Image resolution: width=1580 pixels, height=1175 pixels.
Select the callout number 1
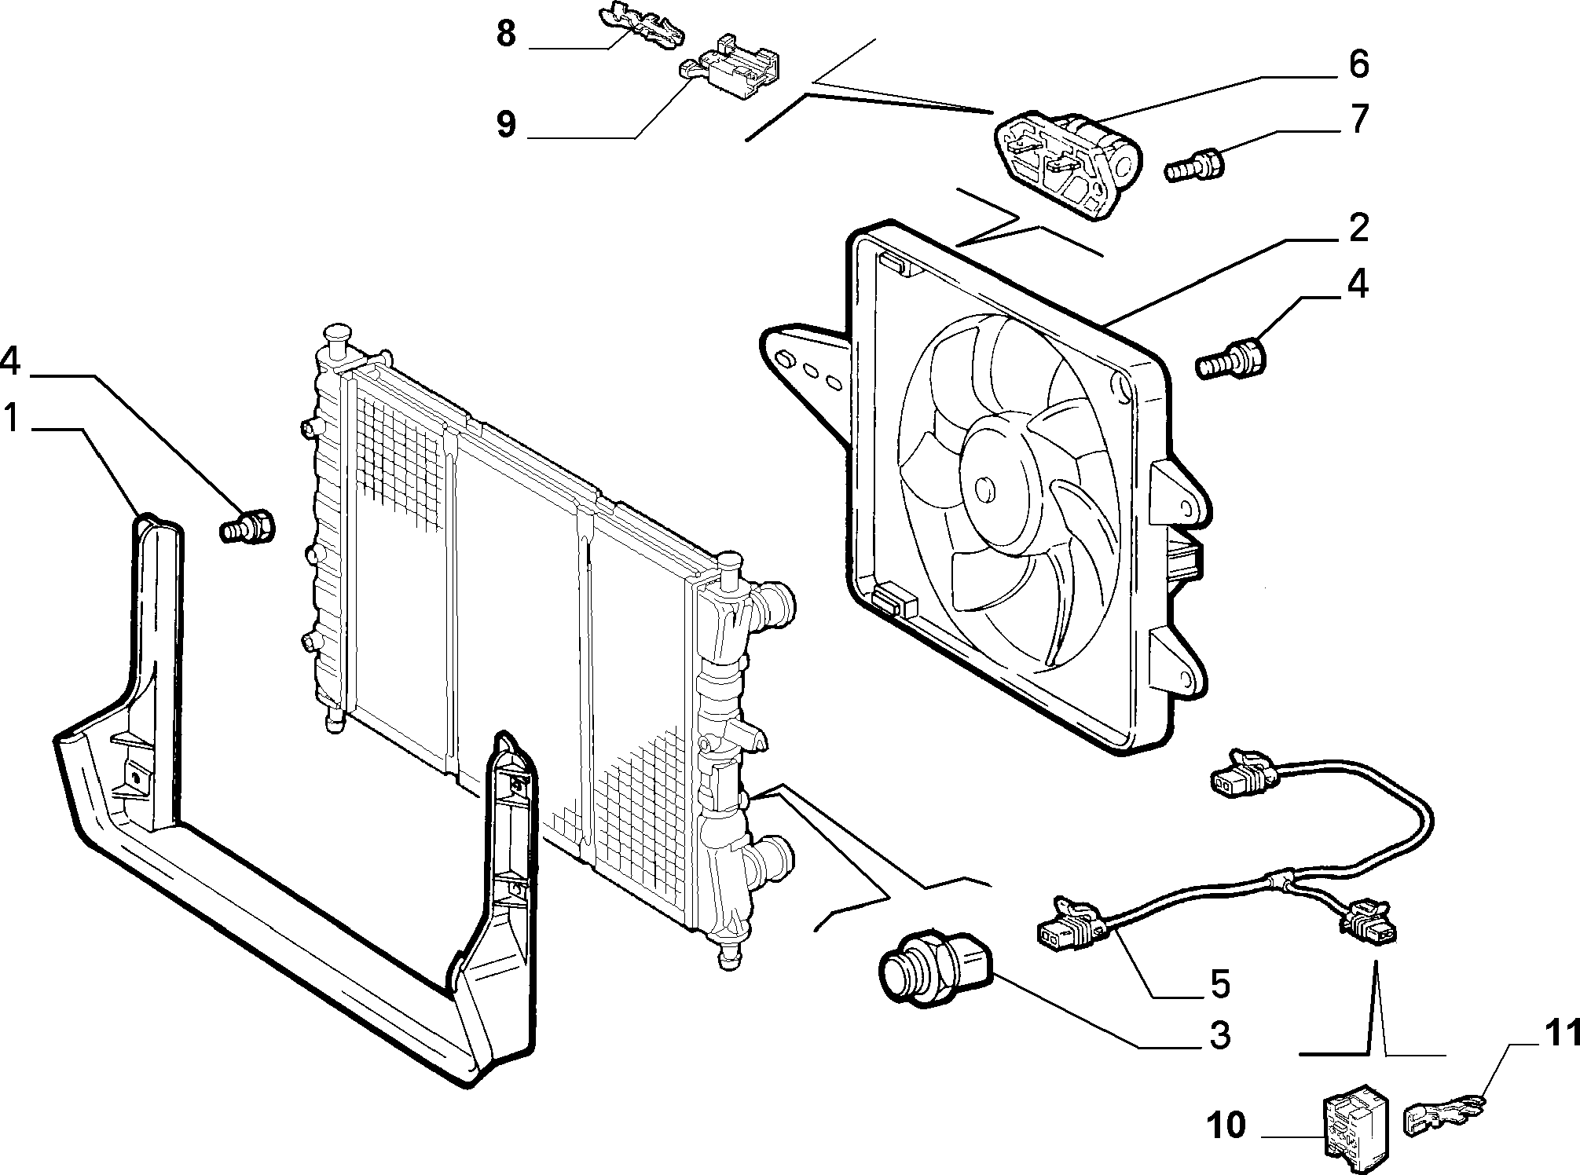coord(12,418)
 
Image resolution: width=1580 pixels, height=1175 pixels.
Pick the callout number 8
coord(506,35)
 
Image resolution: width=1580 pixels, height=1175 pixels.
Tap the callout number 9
coord(506,124)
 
